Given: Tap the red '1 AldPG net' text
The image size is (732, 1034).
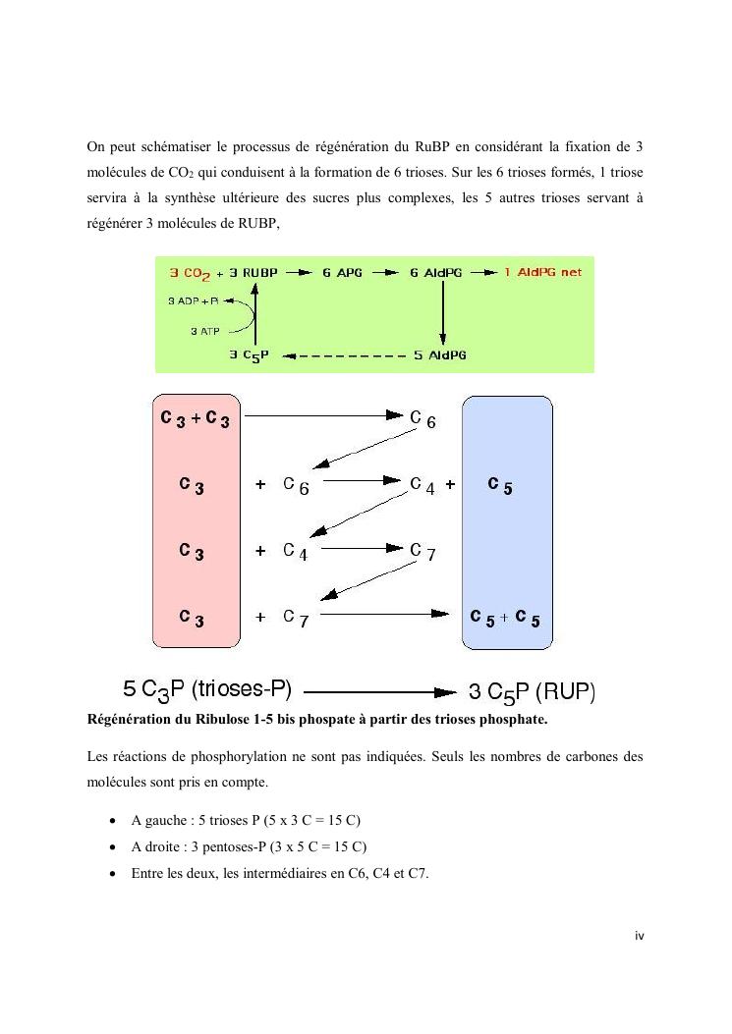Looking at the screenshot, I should [542, 271].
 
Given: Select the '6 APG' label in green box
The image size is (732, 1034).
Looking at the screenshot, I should [343, 272].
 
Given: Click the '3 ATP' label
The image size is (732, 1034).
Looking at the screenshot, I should [204, 331].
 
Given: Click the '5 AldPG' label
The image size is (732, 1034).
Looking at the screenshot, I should [439, 354].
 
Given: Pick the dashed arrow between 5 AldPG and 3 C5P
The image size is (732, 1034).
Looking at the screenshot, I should [345, 355].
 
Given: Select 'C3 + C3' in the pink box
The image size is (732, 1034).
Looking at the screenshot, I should [196, 419].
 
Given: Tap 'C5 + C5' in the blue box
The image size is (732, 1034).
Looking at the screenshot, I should [505, 619].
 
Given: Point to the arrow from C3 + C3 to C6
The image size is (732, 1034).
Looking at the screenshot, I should [324, 416].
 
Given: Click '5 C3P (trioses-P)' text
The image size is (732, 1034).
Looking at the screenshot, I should [207, 689].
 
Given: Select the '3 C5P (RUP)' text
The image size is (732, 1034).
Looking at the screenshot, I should [532, 691].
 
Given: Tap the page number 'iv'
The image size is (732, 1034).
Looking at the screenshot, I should [639, 936].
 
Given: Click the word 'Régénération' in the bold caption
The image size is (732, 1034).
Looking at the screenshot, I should [127, 720].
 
